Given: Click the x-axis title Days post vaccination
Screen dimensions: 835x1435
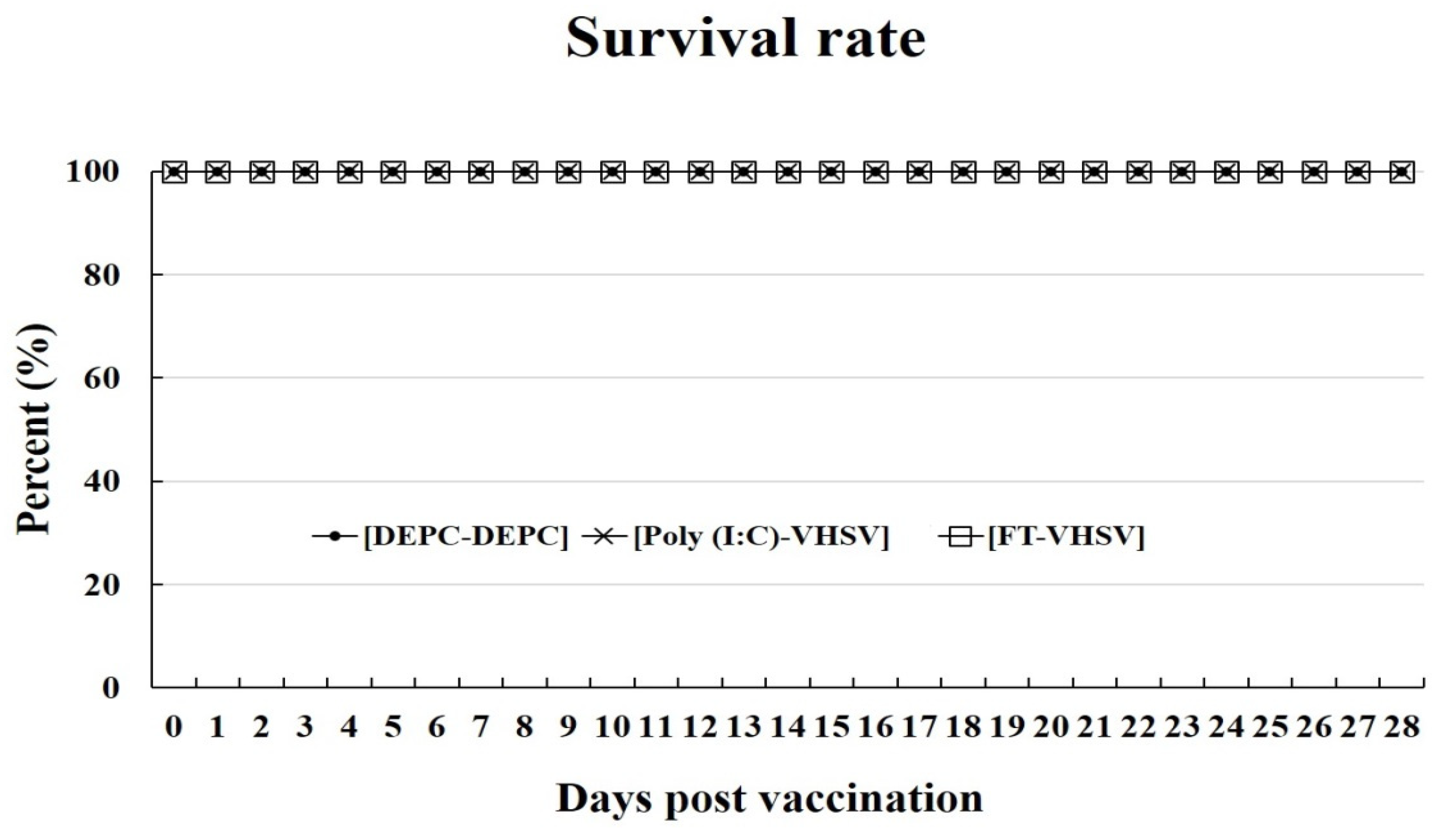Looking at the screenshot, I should [769, 799].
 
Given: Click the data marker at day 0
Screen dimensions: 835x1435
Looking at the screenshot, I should [174, 172].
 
